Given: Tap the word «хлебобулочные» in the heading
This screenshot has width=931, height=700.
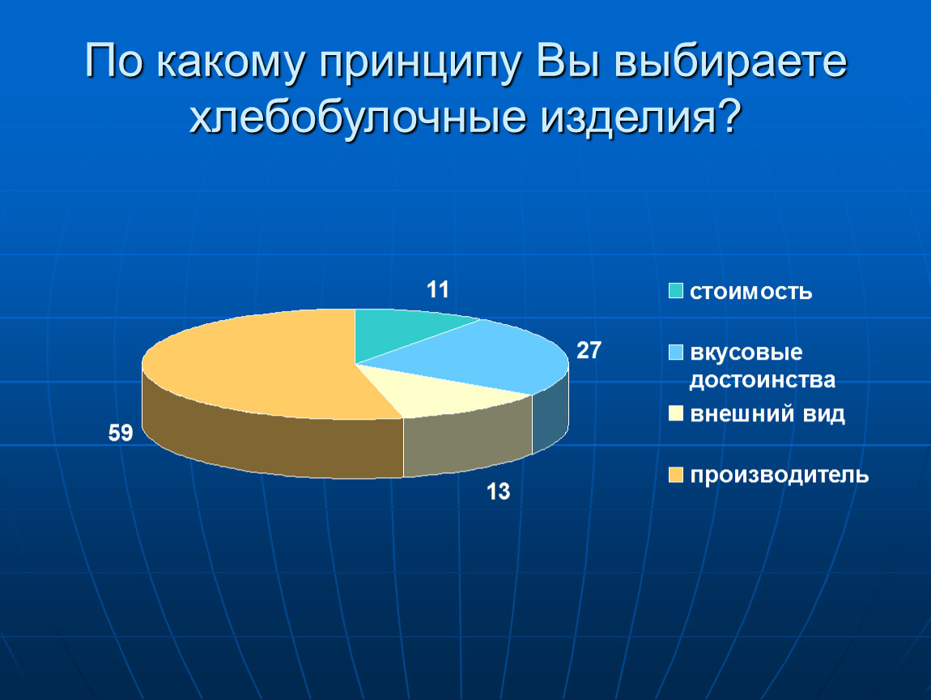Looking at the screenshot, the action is click(x=358, y=116).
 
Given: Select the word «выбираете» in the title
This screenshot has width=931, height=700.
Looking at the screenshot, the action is click(x=729, y=62).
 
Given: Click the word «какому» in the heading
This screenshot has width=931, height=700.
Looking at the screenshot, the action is click(x=232, y=62).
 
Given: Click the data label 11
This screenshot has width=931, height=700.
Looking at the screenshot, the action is click(x=438, y=290).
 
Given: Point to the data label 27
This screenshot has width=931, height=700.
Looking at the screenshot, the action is click(x=589, y=351).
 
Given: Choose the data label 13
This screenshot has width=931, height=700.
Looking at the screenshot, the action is click(x=498, y=492).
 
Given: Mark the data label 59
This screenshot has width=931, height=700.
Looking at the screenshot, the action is click(x=121, y=433).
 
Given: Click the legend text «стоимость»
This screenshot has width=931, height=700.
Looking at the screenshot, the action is click(x=750, y=292).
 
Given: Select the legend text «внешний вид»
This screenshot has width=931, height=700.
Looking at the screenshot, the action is click(x=767, y=414).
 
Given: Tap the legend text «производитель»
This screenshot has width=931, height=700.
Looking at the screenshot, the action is click(x=779, y=476).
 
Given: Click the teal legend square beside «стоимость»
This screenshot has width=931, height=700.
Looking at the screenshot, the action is click(x=676, y=291).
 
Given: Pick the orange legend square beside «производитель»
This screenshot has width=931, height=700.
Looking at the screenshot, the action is click(x=676, y=475).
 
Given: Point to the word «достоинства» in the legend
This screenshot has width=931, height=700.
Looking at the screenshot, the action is click(x=763, y=380).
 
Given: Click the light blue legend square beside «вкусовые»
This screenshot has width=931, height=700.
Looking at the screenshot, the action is click(x=676, y=352).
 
